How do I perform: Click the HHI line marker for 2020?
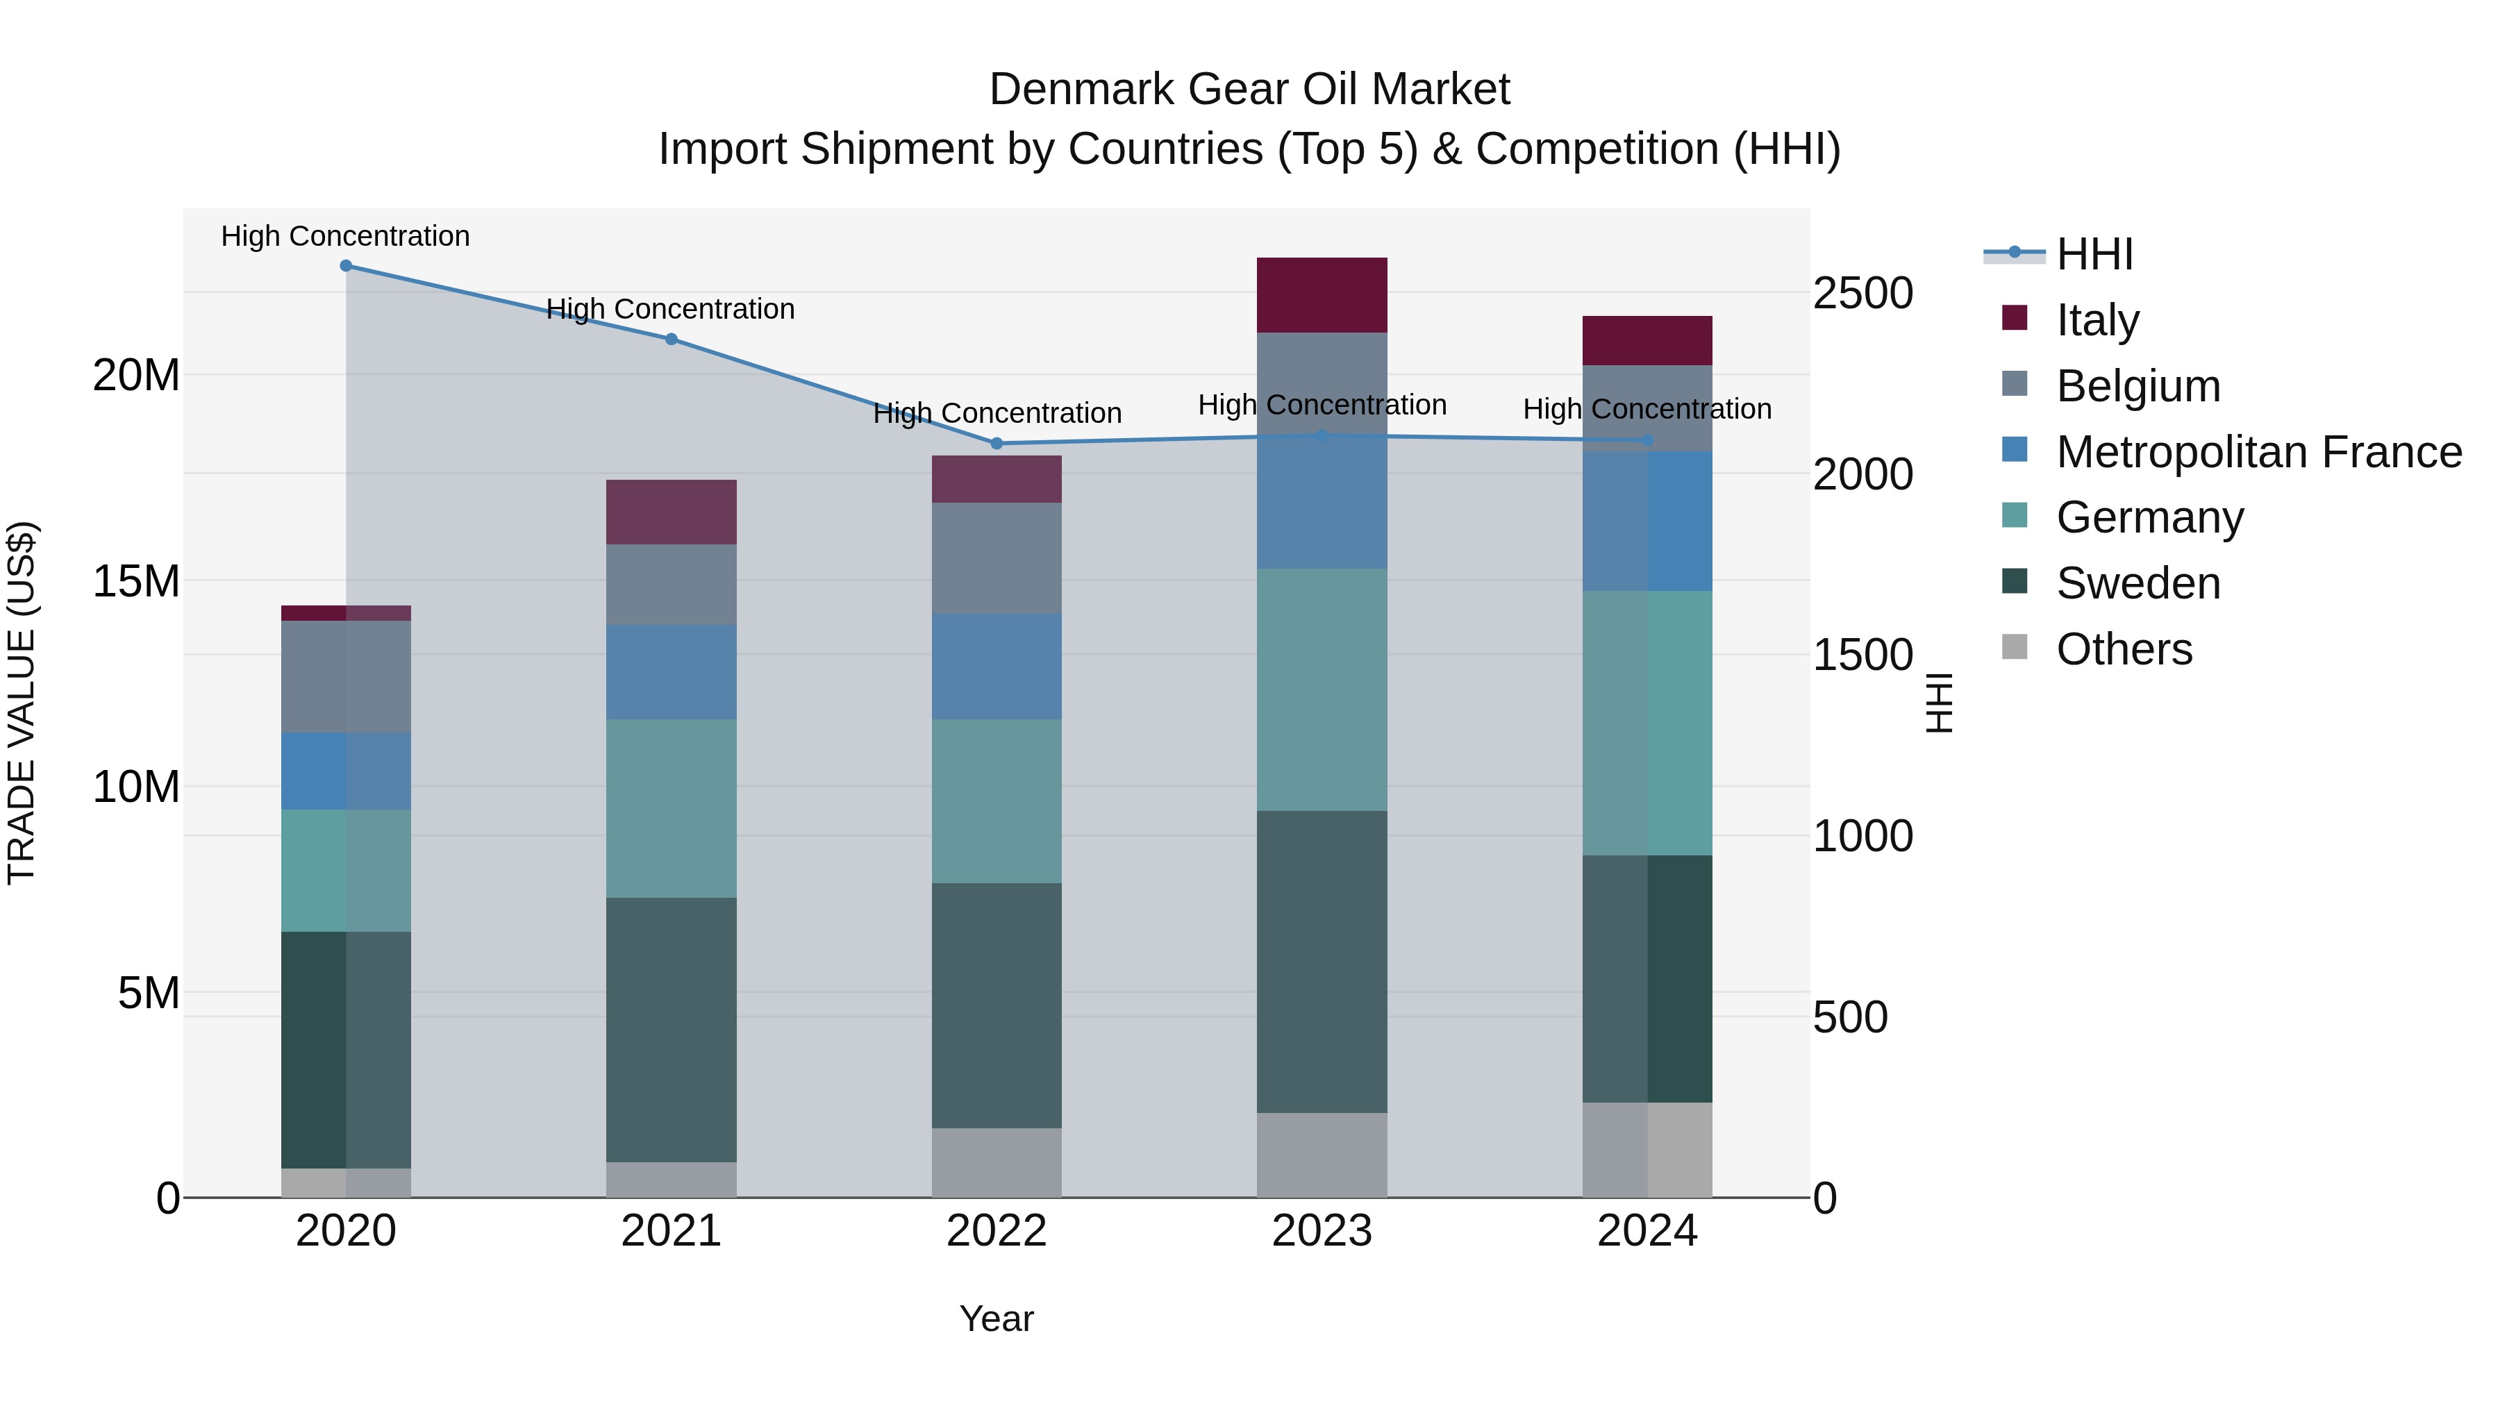[346, 266]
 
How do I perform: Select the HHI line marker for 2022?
[997, 444]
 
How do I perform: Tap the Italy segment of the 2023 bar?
[1322, 295]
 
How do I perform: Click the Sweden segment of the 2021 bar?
[671, 1030]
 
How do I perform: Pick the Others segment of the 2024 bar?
[1647, 1150]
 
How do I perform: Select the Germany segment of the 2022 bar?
[997, 801]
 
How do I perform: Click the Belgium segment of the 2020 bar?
[346, 676]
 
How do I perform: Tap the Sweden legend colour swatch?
[2015, 583]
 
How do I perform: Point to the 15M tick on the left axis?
[136, 581]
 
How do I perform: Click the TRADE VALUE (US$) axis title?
[22, 703]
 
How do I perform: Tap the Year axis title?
[997, 1319]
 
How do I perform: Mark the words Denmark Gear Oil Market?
[1249, 90]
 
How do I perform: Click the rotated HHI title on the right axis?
[1938, 703]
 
